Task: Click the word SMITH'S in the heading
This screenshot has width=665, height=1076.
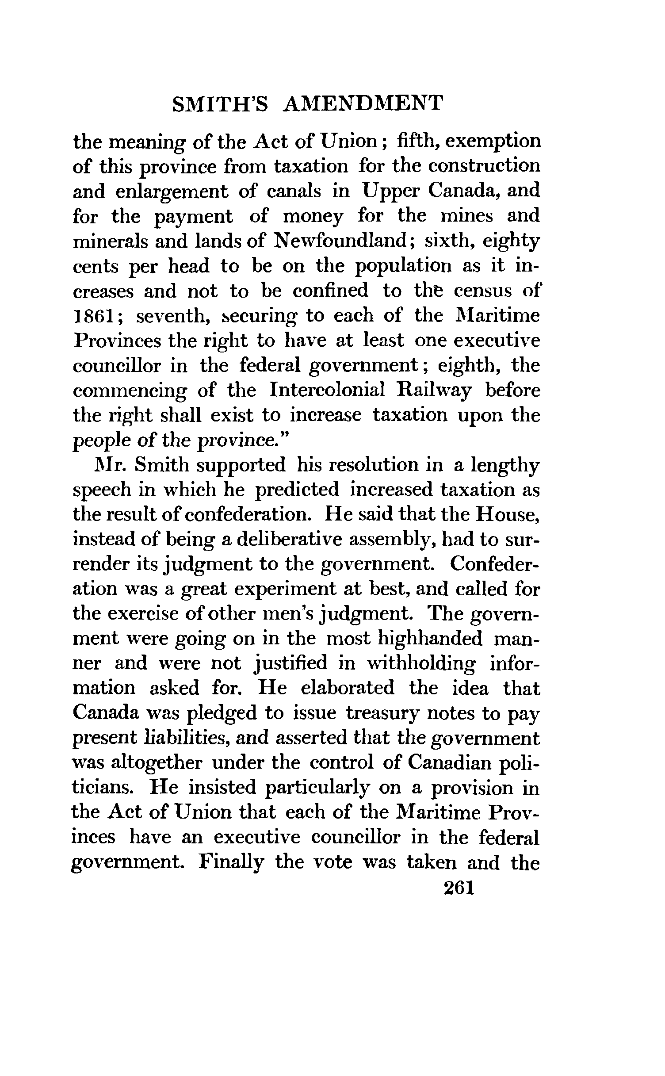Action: click(220, 104)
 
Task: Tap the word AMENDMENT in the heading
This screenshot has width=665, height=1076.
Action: click(363, 104)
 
